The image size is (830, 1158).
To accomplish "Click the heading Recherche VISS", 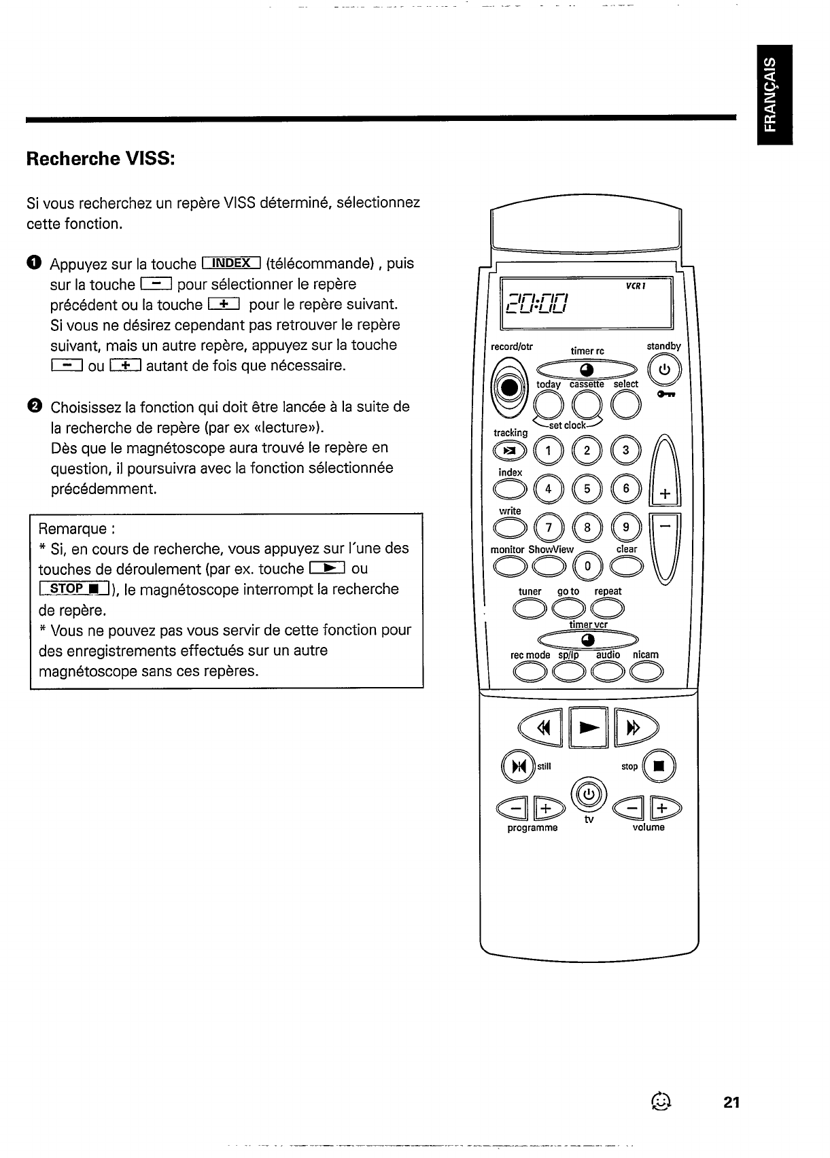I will tap(101, 159).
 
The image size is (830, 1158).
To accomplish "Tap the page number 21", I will tap(731, 1102).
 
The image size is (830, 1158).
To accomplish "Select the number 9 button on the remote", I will tap(626, 527).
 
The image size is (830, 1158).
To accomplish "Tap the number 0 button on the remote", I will tap(588, 565).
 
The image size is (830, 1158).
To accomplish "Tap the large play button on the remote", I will tap(588, 728).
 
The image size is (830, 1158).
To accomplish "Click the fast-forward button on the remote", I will tap(634, 729).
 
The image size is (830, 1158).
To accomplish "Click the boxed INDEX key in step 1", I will tap(231, 264).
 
